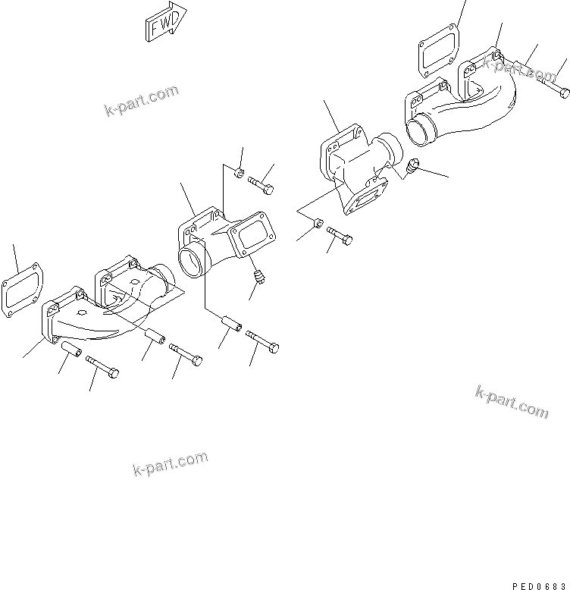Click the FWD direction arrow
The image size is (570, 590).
click(x=163, y=24)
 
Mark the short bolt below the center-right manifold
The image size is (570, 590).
click(x=340, y=240)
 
